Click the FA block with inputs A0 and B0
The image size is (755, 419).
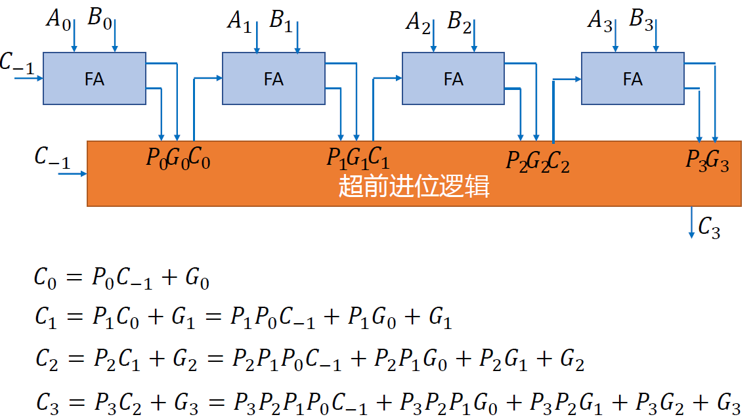pos(94,78)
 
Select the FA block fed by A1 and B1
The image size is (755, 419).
pos(273,78)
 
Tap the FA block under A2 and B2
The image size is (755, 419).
pos(453,78)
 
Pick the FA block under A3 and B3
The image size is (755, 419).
pos(632,78)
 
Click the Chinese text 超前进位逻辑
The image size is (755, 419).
pos(414,187)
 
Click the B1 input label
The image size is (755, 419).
pos(281,21)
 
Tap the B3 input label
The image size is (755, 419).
pos(641,20)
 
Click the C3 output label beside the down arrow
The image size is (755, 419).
pos(709,227)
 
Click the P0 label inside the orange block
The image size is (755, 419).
pos(156,159)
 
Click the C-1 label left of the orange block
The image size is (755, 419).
pos(52,158)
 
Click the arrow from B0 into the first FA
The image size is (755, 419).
pos(115,36)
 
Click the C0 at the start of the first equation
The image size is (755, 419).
pos(45,278)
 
